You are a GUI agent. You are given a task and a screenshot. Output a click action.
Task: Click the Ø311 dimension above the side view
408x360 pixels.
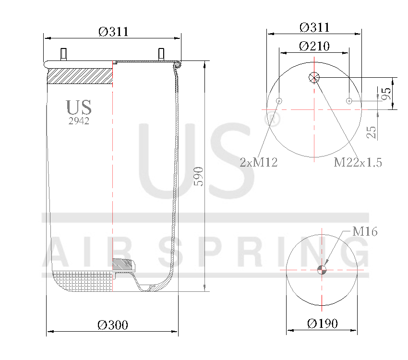tap(114, 32)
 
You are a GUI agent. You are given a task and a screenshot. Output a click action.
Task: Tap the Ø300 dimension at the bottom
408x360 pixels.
tap(113, 325)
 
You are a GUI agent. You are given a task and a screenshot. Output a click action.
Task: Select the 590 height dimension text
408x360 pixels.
tap(199, 177)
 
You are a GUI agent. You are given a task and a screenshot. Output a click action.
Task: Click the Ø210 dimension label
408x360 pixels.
tap(314, 46)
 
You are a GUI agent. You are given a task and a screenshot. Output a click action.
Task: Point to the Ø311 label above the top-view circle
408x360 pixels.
tap(314, 27)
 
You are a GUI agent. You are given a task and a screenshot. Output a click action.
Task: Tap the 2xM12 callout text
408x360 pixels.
tap(259, 162)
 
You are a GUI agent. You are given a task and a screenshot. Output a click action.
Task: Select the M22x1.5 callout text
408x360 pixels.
tap(358, 162)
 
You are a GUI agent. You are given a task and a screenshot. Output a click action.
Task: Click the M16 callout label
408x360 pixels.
tap(365, 232)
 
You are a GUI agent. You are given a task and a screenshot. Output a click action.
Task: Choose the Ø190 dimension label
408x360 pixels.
tap(323, 324)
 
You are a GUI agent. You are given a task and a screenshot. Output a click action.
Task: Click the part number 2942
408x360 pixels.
tap(79, 121)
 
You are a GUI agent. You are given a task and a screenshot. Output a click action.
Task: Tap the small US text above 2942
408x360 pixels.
tap(79, 108)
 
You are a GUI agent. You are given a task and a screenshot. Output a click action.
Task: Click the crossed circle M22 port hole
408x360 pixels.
tap(314, 77)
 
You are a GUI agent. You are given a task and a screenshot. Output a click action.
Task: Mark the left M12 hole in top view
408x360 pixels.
tap(279, 101)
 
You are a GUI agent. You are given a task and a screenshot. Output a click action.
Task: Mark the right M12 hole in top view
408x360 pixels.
tap(349, 101)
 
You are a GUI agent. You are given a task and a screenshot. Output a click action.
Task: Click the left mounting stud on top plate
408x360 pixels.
tap(63, 53)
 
